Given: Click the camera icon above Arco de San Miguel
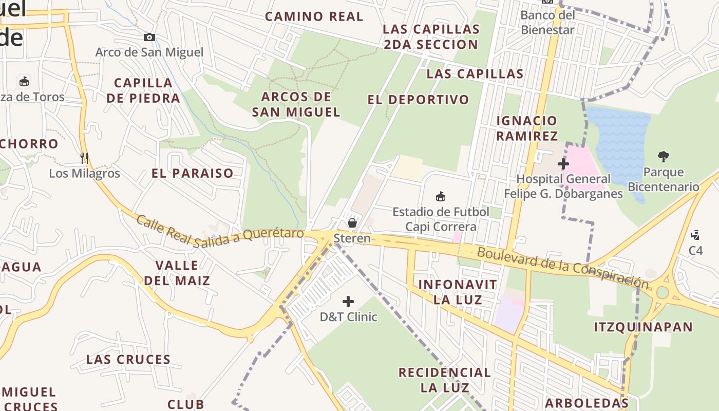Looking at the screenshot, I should coord(149,37).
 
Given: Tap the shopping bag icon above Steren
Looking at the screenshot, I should coord(352,223).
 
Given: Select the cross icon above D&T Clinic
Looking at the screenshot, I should coord(348,302).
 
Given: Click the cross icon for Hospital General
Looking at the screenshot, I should coord(563,164).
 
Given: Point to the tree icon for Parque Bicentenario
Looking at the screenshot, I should coord(664,157).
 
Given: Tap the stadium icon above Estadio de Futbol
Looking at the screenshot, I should coord(440,196).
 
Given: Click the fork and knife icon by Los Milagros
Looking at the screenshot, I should coord(84,158).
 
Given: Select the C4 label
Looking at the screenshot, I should coord(695,250).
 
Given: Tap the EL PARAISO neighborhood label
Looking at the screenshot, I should coord(193,173).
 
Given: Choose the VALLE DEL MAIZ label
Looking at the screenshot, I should coord(177,273).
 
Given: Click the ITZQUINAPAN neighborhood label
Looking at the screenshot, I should coord(644,327).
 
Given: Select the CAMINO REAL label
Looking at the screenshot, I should coord(314,16).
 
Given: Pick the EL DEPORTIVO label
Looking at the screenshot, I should coord(418,100).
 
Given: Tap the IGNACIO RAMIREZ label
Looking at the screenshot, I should coord(527,128).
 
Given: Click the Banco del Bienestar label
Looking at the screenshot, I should coord(547,22).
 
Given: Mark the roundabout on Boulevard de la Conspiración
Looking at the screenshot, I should coord(662,292).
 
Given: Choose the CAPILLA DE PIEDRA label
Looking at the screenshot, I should coord(143,90).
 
